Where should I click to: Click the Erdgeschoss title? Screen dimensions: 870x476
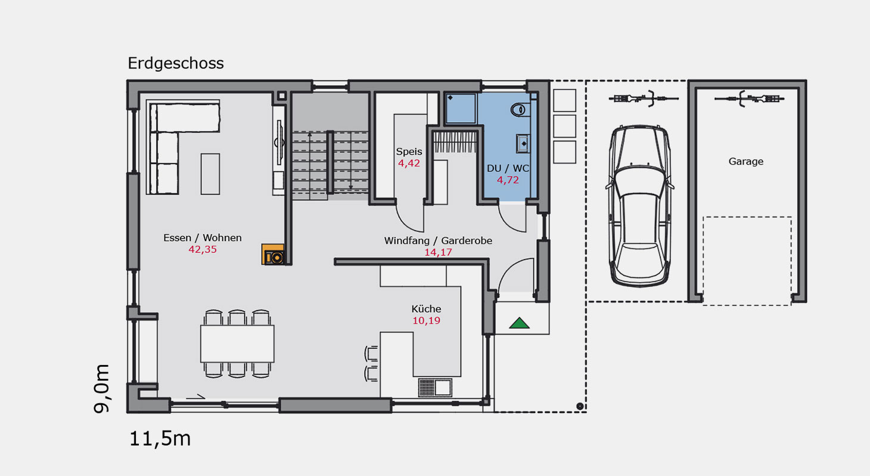pyautogui.click(x=176, y=63)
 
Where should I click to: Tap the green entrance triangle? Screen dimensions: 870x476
pyautogui.click(x=519, y=323)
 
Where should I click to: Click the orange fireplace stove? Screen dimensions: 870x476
pyautogui.click(x=273, y=254)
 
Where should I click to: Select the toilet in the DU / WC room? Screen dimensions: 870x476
pyautogui.click(x=520, y=110)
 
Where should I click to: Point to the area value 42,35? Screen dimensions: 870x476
pyautogui.click(x=203, y=250)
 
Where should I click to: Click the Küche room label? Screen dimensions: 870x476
pyautogui.click(x=426, y=309)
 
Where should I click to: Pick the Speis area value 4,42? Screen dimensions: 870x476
pyautogui.click(x=409, y=163)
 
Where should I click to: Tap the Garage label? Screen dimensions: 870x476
pyautogui.click(x=745, y=162)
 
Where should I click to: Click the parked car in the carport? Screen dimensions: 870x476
pyautogui.click(x=639, y=206)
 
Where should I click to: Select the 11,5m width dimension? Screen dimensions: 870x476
pyautogui.click(x=160, y=438)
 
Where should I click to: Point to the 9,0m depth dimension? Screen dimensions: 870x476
pyautogui.click(x=101, y=388)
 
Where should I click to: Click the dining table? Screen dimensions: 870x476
pyautogui.click(x=237, y=344)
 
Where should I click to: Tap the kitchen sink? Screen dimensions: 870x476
pyautogui.click(x=435, y=388)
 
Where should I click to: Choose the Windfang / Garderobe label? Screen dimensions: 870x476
pyautogui.click(x=438, y=241)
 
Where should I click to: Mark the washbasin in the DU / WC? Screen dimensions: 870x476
pyautogui.click(x=523, y=144)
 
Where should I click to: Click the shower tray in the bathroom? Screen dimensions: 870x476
pyautogui.click(x=461, y=109)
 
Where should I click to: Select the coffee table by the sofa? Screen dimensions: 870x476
pyautogui.click(x=210, y=174)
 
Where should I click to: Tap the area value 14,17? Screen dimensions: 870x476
pyautogui.click(x=438, y=252)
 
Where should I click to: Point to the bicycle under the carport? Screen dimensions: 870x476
pyautogui.click(x=644, y=98)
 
